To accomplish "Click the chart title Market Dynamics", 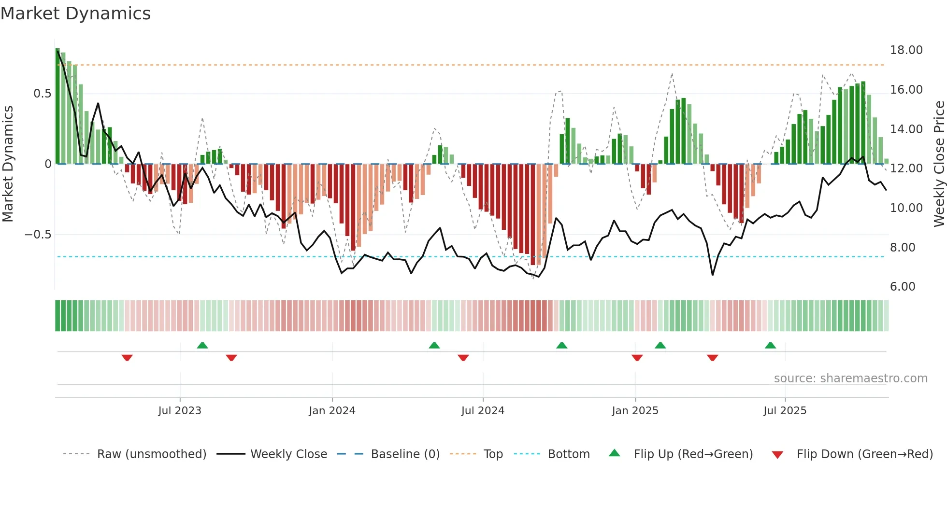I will (x=75, y=14).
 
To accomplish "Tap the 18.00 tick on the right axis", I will (x=906, y=50).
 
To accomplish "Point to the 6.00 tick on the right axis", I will (x=903, y=287).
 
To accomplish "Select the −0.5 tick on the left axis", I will (x=38, y=235).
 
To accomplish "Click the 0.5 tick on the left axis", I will (x=42, y=94).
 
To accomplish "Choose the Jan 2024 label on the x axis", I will (x=332, y=411).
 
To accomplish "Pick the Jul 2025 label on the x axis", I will (x=785, y=411).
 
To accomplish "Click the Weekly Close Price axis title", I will (x=939, y=164).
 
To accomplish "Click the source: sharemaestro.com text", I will (x=850, y=378).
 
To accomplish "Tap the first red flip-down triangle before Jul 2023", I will (x=127, y=358).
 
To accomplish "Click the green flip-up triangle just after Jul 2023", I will (x=202, y=345).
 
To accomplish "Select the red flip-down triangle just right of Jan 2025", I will (x=637, y=358).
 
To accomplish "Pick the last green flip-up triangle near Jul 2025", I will (x=770, y=345).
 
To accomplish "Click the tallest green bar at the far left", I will (x=57, y=106).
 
